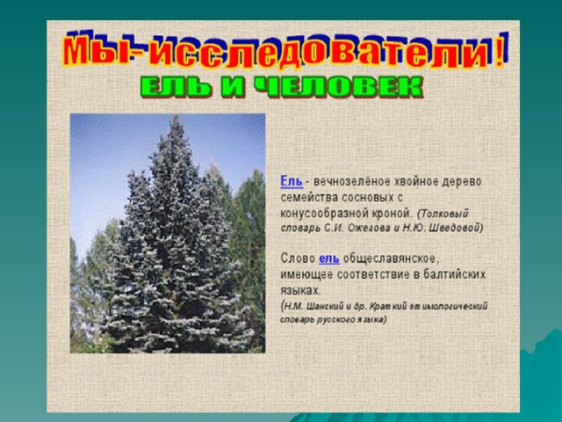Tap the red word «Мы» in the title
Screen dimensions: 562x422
click(96, 51)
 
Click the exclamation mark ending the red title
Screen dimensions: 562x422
click(500, 52)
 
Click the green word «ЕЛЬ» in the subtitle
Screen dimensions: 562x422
click(176, 87)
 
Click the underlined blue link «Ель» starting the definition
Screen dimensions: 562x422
click(292, 181)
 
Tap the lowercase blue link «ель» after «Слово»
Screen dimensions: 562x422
click(329, 258)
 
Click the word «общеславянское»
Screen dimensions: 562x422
click(392, 258)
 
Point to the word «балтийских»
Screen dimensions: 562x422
click(455, 274)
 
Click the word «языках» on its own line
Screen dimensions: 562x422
click(299, 291)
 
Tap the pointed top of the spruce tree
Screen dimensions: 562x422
click(176, 115)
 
